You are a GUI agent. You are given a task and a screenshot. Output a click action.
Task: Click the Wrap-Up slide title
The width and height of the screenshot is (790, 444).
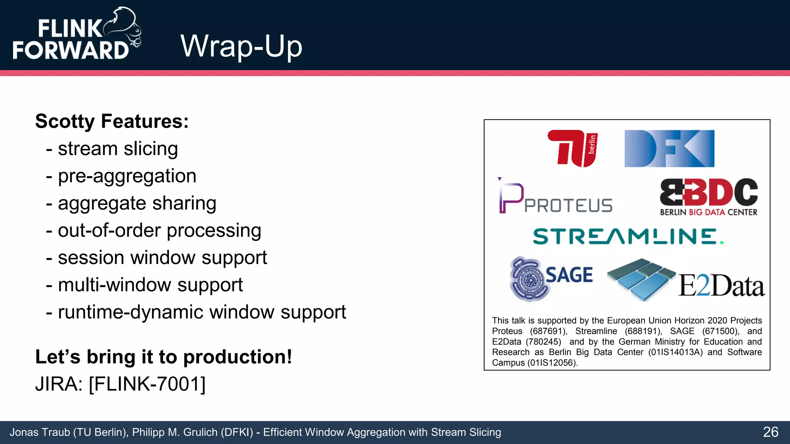pos(241,46)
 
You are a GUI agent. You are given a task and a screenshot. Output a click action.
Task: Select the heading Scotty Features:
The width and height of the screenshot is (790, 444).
pos(112,121)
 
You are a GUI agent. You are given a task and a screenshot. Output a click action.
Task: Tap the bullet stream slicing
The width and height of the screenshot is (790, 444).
pos(118,149)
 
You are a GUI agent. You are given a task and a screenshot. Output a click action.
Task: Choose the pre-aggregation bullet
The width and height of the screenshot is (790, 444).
pos(127,176)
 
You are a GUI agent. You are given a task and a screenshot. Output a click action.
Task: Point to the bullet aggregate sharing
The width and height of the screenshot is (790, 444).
pos(137,203)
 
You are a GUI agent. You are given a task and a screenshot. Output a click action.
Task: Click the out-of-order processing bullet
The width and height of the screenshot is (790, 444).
pos(159,230)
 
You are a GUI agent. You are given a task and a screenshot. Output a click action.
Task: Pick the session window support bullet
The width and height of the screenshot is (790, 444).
pos(162,258)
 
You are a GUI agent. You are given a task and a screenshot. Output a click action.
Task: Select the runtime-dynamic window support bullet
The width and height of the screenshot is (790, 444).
pos(202,312)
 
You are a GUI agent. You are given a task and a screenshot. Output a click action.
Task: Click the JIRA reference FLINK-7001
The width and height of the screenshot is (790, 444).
pos(147,384)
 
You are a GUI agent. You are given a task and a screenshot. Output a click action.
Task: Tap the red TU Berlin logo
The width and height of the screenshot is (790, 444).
pos(572,148)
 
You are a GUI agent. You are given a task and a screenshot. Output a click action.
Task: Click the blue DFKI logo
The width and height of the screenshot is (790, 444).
pos(669,148)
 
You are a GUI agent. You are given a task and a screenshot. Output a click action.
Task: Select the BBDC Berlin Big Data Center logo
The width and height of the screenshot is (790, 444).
pos(709,197)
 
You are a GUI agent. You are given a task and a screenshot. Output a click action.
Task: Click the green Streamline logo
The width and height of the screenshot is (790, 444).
pos(628,236)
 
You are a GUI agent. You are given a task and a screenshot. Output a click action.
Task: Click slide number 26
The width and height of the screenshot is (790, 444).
pos(770,432)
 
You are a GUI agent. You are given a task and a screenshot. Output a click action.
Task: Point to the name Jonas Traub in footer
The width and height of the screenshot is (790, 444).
pos(40,432)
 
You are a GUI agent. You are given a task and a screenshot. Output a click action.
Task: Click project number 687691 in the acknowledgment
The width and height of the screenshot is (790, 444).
pos(548,331)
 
